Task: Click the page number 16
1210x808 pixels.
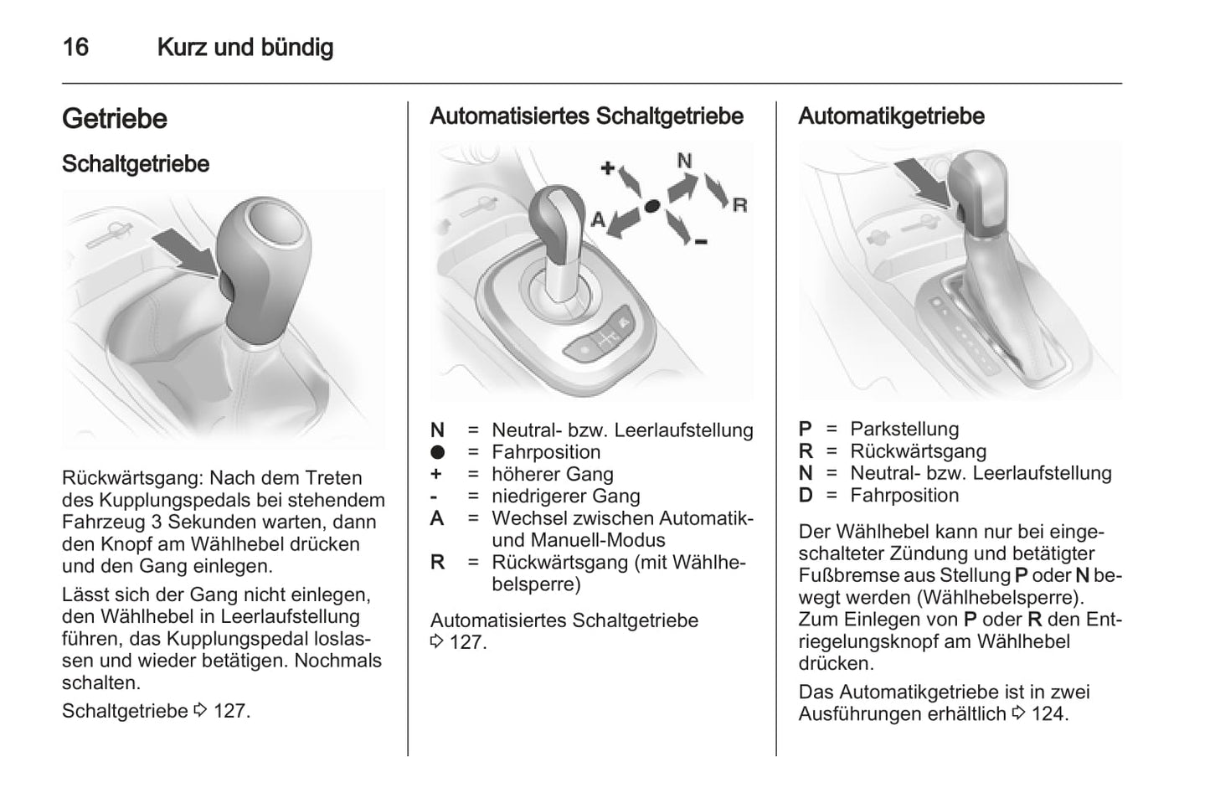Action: point(75,47)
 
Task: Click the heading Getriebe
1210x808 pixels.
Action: point(115,118)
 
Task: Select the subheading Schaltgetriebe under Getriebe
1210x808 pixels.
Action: point(136,163)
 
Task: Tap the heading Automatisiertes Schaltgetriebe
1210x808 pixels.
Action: point(586,116)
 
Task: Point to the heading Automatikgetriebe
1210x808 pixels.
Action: point(891,116)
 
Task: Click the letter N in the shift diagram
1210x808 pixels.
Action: point(684,160)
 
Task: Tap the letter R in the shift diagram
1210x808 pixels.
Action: point(739,204)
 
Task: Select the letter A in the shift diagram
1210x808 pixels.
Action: point(598,219)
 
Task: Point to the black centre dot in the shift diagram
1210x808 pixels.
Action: point(652,205)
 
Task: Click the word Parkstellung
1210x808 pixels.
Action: point(904,429)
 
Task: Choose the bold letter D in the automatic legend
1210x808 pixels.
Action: point(806,495)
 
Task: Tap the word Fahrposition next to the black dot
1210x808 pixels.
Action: point(546,452)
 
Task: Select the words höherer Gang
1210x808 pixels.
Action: point(552,474)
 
